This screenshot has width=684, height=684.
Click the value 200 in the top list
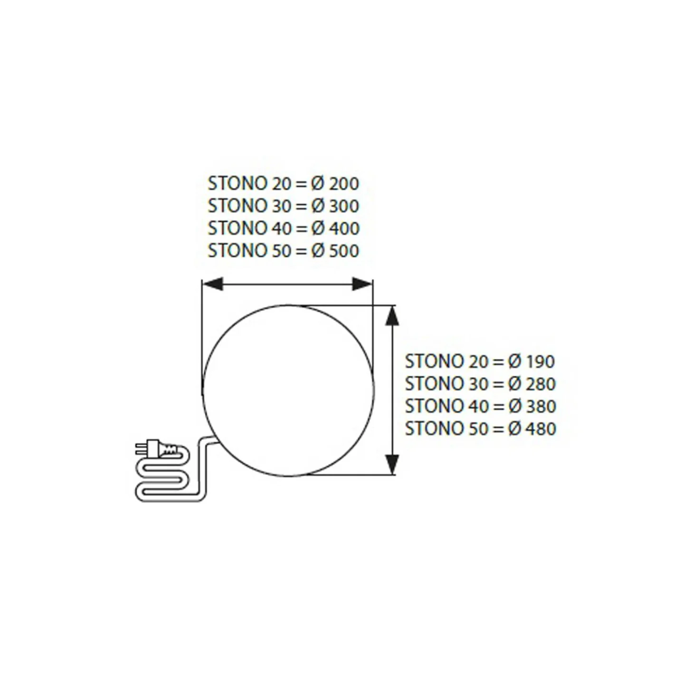(344, 184)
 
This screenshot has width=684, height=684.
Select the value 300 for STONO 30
(344, 206)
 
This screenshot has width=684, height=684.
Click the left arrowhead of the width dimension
(212, 284)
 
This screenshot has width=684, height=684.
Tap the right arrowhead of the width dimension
(362, 284)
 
